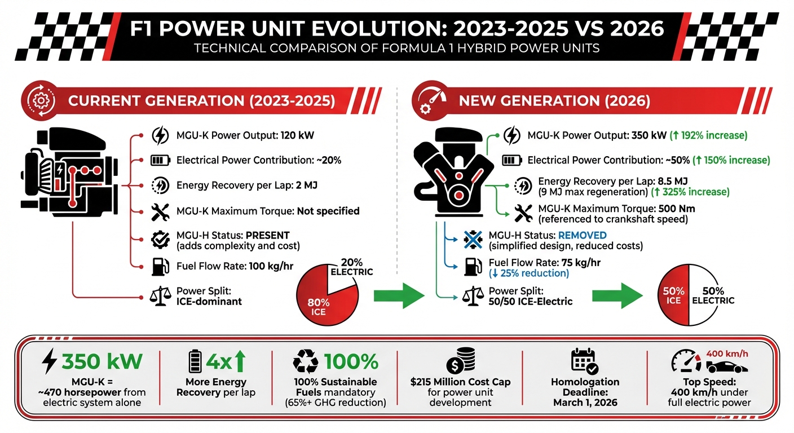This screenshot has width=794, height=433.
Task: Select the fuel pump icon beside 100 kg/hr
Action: pos(160,266)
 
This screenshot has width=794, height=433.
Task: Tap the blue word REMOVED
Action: pos(583,236)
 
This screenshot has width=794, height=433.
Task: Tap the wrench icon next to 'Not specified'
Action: pos(160,212)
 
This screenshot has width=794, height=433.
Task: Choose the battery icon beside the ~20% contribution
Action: pos(160,160)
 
